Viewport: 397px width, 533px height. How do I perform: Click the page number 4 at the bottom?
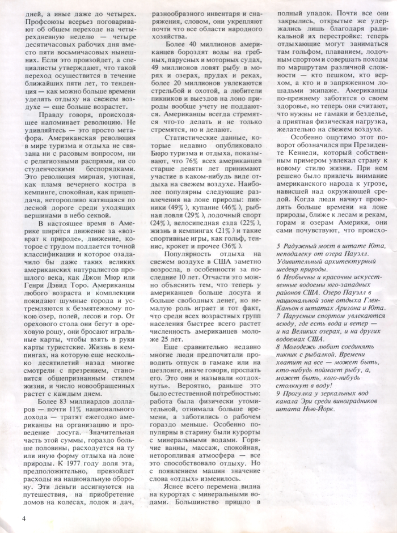pyautogui.click(x=24, y=518)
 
